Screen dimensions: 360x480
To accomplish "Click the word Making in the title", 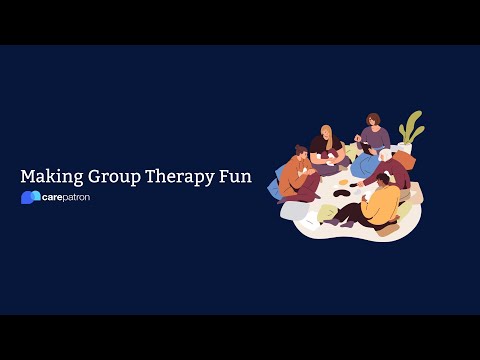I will pos(50,176).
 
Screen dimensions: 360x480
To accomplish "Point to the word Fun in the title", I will pos(237,176).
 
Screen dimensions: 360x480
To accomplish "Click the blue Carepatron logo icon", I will pos(30,197).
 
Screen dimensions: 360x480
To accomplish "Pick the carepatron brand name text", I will pos(67,197).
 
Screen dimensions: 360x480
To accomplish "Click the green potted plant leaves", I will pos(410,127).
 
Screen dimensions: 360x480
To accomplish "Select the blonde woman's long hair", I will pos(327,137).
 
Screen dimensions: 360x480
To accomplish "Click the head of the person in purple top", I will pos(373,121).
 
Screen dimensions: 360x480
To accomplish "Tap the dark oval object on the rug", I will pos(340,186).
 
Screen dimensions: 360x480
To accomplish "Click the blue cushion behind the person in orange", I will pos(273,187).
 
